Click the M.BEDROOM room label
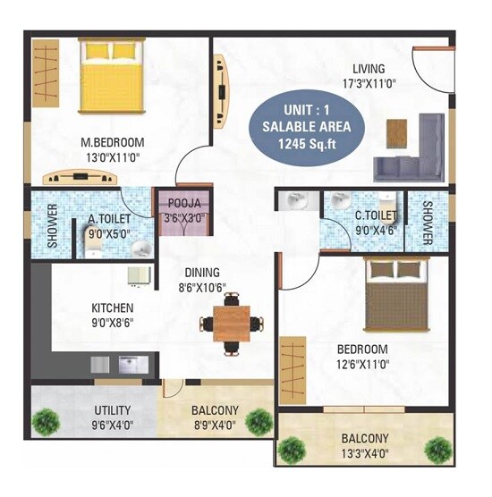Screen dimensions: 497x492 (113, 142)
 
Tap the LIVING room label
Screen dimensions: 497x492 (368, 69)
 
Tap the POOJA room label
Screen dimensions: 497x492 (183, 202)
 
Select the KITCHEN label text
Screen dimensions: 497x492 (113, 307)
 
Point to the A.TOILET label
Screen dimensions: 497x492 (110, 216)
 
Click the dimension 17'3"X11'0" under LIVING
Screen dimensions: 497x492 (368, 84)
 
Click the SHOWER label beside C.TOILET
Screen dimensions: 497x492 (428, 222)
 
